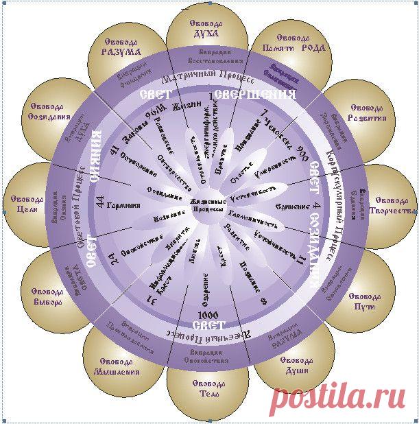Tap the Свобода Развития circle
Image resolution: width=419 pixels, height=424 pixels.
tap(368, 113)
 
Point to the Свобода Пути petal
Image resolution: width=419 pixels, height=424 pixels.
tap(369, 301)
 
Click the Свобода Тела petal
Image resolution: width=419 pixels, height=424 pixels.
tap(207, 388)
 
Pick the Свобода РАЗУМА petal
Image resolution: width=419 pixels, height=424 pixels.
tap(121, 46)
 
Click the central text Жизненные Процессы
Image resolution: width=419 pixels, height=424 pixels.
tap(207, 204)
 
